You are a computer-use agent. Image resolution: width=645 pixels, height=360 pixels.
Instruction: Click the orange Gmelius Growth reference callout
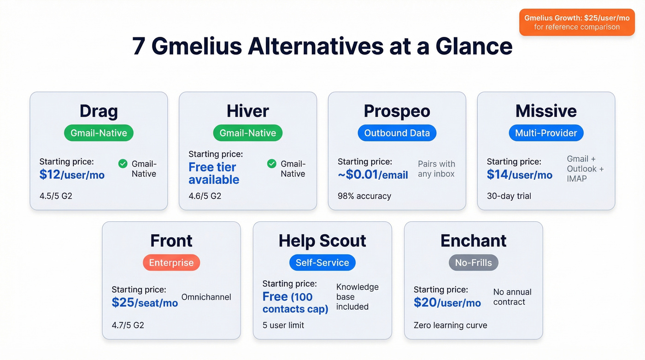pos(576,22)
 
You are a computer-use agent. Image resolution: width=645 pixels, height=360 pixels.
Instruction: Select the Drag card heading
pos(99,111)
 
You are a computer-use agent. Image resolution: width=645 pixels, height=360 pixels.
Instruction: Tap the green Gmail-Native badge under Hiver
pos(248,133)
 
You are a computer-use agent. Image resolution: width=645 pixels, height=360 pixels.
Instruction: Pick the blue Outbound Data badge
pos(397,133)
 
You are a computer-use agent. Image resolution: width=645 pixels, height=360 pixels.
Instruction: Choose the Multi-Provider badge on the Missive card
pos(546,133)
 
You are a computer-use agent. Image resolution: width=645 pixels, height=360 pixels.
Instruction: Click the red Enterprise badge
pos(171,263)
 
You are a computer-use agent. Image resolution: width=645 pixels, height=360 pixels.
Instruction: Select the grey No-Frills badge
pos(473,263)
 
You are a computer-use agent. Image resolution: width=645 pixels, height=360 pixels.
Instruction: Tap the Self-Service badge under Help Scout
pos(322,263)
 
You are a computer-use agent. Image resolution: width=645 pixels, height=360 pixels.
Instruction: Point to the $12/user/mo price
pos(72,175)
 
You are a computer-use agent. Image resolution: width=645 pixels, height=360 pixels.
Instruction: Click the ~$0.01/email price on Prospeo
pos(373,175)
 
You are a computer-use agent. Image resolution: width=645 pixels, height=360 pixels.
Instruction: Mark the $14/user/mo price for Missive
pos(520,175)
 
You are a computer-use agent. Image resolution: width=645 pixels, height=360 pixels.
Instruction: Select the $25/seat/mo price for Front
pos(145,303)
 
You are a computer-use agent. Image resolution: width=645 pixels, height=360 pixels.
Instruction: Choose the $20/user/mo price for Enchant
pos(447,303)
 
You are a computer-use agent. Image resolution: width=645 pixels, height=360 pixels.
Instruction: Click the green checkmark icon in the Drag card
pos(123,164)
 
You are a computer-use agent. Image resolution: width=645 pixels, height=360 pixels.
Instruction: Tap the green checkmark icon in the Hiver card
pos(272,164)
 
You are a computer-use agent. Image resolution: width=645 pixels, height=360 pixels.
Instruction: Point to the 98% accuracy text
pos(364,196)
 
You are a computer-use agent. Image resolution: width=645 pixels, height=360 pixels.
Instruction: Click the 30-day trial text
pos(509,196)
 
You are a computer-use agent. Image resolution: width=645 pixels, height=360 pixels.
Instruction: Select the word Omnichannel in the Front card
pos(206,297)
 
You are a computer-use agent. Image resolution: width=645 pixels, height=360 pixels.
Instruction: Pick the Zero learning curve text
pos(450,325)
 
